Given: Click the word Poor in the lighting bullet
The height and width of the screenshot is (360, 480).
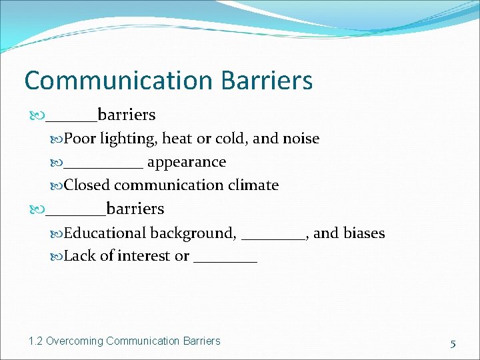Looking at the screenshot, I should click(x=80, y=139).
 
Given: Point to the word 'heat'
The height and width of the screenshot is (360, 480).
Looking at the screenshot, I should click(x=177, y=139).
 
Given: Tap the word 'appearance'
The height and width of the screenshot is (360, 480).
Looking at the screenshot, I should click(x=187, y=162).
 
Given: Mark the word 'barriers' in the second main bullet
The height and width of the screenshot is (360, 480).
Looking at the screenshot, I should click(x=135, y=209).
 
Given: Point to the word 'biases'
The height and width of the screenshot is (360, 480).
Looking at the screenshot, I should click(x=365, y=233).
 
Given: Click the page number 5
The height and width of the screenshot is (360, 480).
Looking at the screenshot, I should click(x=453, y=344).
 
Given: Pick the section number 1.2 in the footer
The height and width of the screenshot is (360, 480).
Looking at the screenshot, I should click(x=36, y=341).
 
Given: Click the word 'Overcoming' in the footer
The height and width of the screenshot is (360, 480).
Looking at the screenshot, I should click(x=75, y=341).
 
